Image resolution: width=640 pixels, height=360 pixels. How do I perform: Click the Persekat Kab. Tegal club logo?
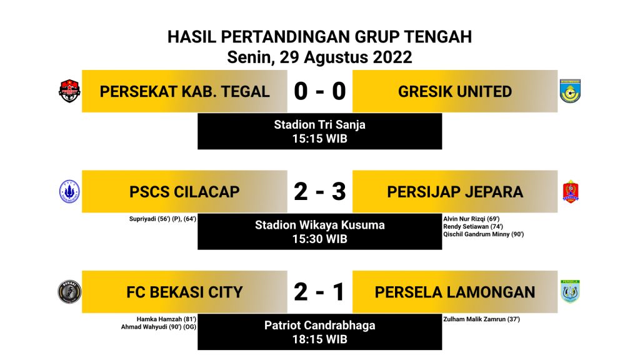click(69, 91)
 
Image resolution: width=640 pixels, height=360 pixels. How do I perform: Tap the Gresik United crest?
click(570, 91)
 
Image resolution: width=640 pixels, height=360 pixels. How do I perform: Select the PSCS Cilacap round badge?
click(69, 191)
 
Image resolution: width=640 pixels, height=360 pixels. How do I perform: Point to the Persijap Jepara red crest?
click(570, 192)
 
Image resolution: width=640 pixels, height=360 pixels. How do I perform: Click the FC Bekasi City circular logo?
click(69, 292)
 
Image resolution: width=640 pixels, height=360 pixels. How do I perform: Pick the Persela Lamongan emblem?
click(570, 291)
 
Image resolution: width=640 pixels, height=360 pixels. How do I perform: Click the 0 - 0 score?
click(319, 91)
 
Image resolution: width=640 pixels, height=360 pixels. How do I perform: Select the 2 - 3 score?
click(319, 191)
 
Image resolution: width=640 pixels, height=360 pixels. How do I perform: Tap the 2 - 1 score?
click(319, 292)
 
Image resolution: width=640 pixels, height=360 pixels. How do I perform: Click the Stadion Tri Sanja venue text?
click(319, 124)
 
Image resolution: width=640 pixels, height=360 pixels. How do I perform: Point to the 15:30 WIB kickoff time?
click(319, 239)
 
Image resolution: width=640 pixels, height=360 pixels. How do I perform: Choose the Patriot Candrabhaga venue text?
click(319, 325)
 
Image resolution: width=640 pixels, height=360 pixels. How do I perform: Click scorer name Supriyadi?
click(142, 219)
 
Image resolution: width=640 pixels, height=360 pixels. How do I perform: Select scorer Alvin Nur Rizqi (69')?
click(471, 219)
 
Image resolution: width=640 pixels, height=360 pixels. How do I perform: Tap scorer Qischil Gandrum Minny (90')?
click(483, 234)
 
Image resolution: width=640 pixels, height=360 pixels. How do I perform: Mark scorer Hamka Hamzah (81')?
click(166, 319)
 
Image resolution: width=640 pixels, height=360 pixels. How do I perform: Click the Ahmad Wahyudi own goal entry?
click(158, 327)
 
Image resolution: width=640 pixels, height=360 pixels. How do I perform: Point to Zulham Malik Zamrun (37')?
click(482, 319)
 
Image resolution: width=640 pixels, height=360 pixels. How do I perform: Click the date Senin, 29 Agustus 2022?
click(319, 57)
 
